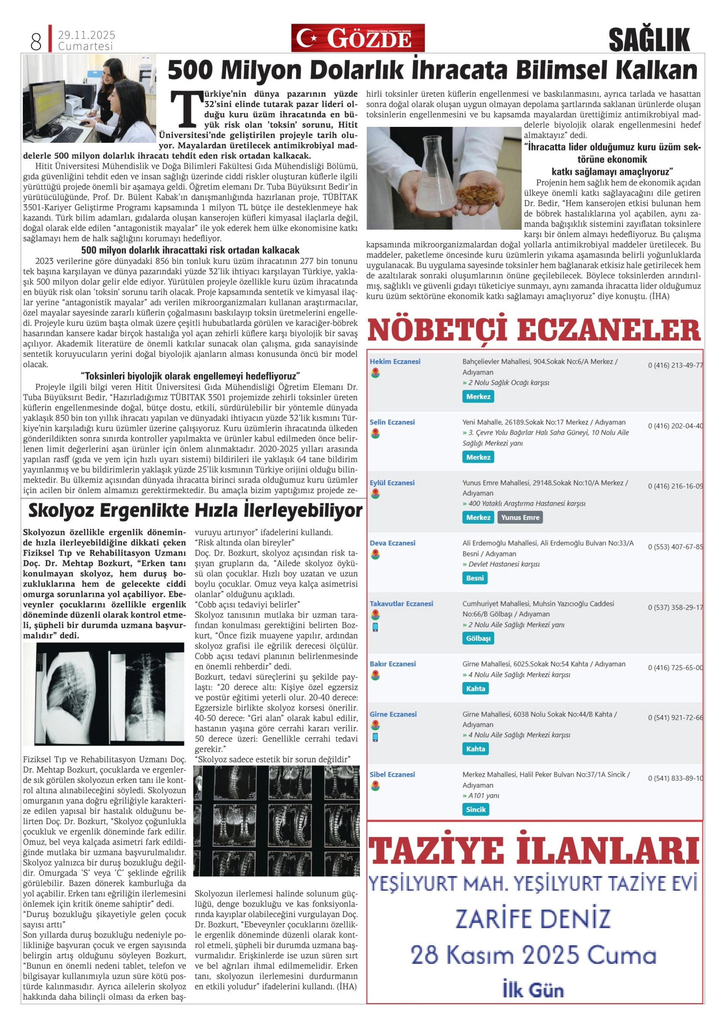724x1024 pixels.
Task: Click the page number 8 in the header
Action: pyautogui.click(x=36, y=42)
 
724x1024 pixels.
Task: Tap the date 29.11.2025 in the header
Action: pyautogui.click(x=86, y=35)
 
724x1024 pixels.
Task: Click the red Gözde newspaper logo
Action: pyautogui.click(x=358, y=38)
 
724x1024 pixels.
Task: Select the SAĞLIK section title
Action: pyautogui.click(x=649, y=40)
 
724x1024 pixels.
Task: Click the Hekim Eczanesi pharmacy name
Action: pyautogui.click(x=395, y=361)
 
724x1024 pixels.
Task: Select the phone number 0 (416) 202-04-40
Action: pyautogui.click(x=675, y=426)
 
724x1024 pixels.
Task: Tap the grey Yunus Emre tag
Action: pyautogui.click(x=520, y=517)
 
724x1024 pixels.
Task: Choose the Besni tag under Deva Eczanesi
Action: pyautogui.click(x=475, y=578)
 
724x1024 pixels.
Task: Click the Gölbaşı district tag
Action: pyautogui.click(x=478, y=638)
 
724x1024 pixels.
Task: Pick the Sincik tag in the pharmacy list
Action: pyautogui.click(x=476, y=810)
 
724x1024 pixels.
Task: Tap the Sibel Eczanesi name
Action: pyautogui.click(x=392, y=774)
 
